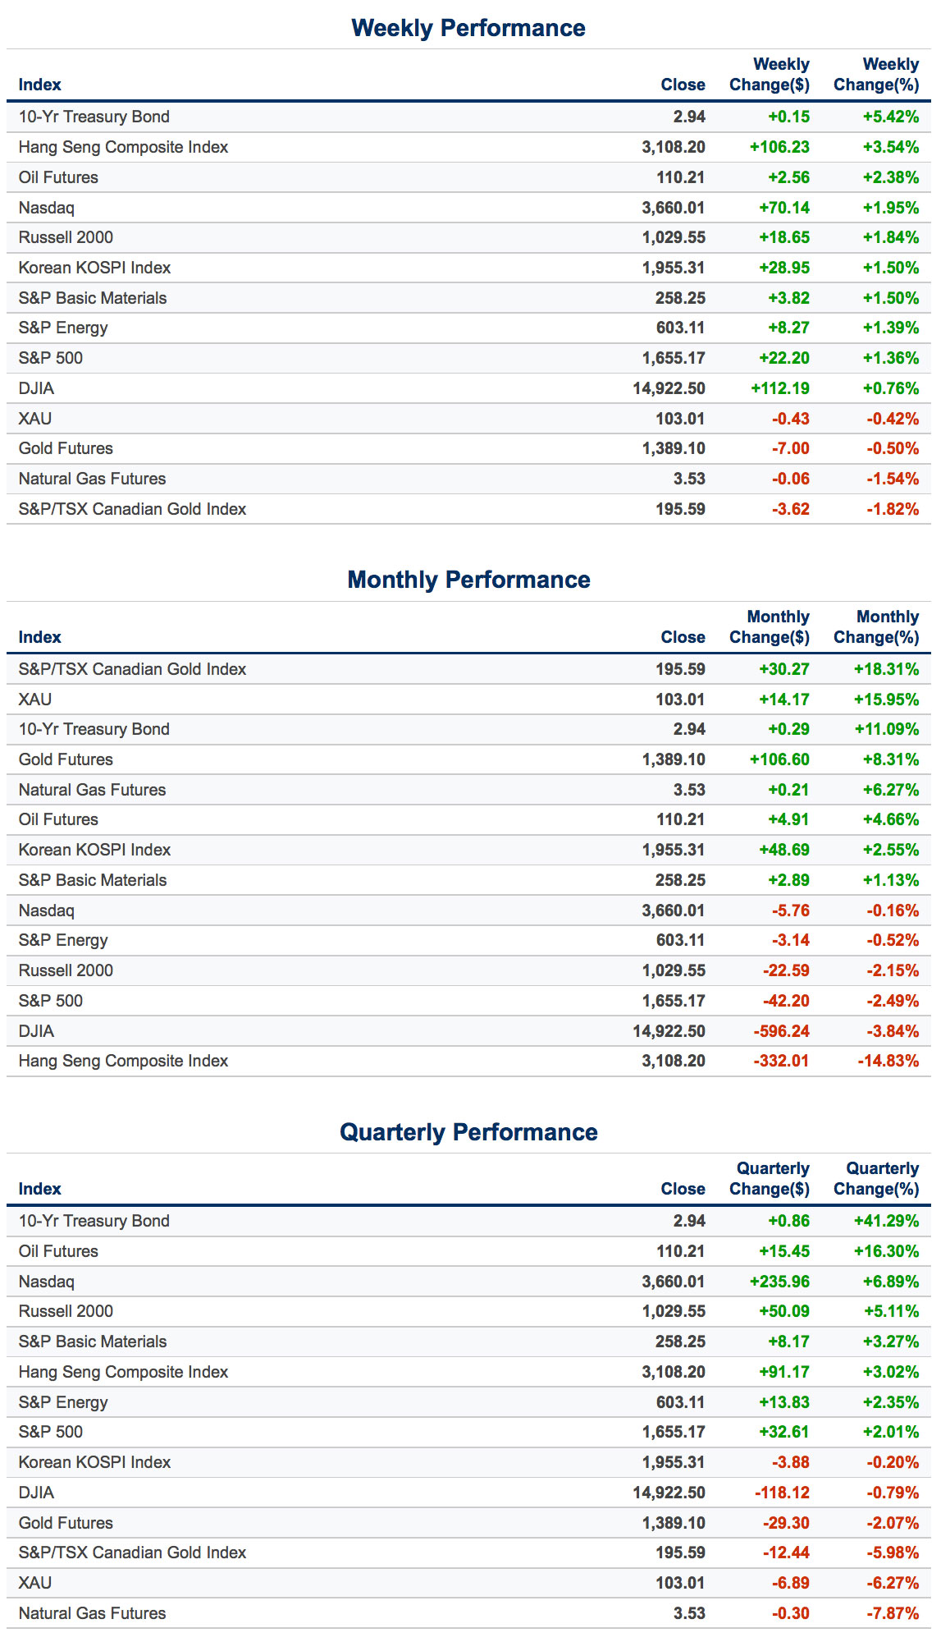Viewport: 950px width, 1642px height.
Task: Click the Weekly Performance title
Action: click(468, 28)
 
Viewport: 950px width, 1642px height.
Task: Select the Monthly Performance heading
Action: click(468, 580)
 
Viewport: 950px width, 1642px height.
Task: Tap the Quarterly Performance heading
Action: click(468, 1132)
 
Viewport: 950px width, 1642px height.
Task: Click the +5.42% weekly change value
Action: click(890, 117)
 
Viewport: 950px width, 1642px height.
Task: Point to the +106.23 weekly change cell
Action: click(779, 147)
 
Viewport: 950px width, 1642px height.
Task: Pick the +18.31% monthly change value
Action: click(886, 669)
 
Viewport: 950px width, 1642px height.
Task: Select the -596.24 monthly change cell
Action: click(781, 1031)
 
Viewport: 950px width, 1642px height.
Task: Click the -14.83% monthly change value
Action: click(888, 1061)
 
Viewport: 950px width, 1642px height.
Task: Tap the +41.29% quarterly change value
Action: click(886, 1221)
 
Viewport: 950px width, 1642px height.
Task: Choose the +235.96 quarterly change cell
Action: click(779, 1282)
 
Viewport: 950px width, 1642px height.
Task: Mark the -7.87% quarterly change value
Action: click(893, 1613)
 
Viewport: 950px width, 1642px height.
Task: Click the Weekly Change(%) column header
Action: click(876, 75)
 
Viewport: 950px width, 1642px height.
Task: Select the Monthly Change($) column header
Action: click(770, 627)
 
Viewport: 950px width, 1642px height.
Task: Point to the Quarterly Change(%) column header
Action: click(876, 1179)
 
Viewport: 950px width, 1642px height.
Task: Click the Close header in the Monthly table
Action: click(683, 637)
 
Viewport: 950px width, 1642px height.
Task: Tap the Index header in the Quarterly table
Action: click(39, 1189)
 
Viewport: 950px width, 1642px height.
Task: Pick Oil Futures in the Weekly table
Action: click(58, 177)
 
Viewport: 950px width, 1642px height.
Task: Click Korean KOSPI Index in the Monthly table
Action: click(94, 850)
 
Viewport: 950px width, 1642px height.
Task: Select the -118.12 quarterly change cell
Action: click(782, 1493)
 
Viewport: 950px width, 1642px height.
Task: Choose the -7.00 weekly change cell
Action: click(790, 448)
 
